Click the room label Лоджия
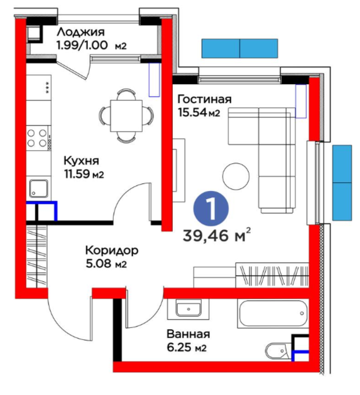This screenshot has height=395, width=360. coord(80,33)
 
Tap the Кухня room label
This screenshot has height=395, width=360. coord(82,161)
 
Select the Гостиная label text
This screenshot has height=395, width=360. coord(204,99)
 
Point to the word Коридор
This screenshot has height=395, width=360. coord(112,251)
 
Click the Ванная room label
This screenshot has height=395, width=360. coord(188,334)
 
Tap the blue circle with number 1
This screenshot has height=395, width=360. coord(210,209)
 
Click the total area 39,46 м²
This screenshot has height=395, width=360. coord(217,235)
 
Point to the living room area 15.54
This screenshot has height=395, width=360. coord(192,112)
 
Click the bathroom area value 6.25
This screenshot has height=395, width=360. coord(179,348)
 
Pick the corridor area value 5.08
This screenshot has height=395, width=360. coord(99,264)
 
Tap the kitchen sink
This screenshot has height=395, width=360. coord(38,188)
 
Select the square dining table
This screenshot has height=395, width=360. coord(126,116)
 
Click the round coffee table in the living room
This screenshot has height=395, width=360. coord(236,176)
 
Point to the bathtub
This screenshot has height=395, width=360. coord(273,313)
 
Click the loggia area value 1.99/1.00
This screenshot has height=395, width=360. coord(82,46)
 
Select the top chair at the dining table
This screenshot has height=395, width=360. coord(126,94)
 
